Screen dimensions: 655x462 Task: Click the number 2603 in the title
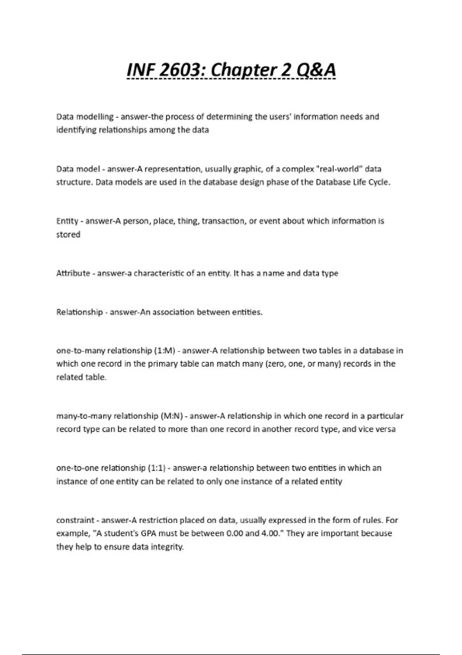(181, 70)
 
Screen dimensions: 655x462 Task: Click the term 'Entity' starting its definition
(67, 221)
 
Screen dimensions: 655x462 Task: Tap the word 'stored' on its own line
(68, 235)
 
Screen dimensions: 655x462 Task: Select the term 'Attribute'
(73, 274)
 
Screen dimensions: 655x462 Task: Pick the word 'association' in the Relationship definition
(173, 312)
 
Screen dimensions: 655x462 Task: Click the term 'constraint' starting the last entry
(75, 521)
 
